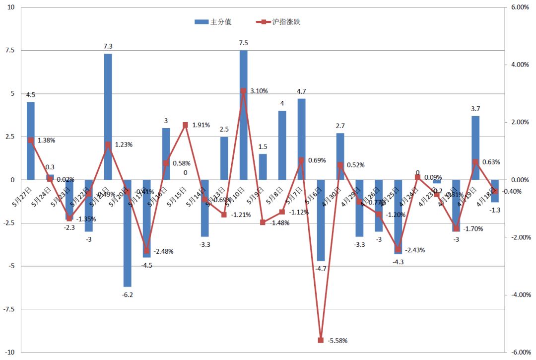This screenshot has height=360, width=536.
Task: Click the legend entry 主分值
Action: [x=214, y=22]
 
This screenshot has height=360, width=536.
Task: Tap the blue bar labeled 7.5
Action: [x=243, y=115]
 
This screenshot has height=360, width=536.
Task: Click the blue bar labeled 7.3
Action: [x=108, y=117]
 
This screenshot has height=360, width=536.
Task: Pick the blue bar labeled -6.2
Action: [x=127, y=233]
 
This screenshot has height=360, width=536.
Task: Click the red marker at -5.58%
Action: [x=321, y=340]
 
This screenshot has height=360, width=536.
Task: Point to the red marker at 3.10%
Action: [x=243, y=91]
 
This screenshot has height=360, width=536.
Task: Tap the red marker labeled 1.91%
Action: [x=185, y=125]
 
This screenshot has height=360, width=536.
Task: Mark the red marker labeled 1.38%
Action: [x=31, y=140]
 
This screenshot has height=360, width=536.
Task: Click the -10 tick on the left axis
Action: [x=8, y=352]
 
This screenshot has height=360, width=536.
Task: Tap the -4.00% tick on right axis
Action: [x=519, y=295]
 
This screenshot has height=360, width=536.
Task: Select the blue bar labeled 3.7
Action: [x=475, y=147]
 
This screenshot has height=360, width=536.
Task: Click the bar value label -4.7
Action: [x=321, y=269]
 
